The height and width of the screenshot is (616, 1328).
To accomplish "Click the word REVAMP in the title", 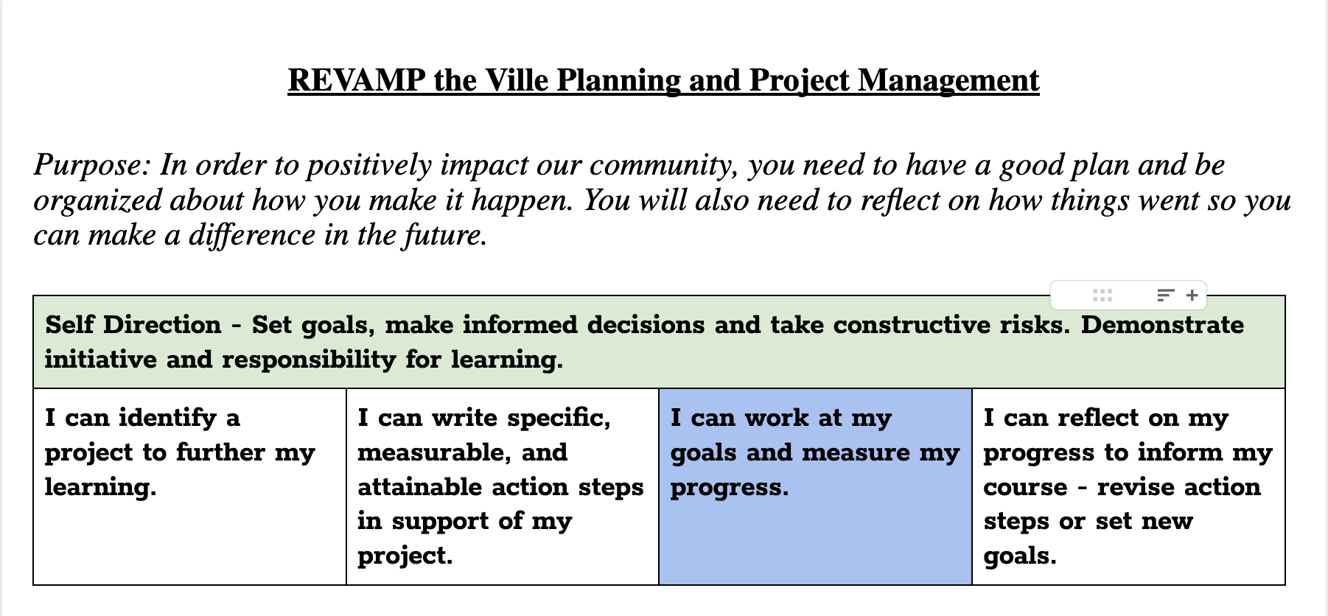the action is point(357,80).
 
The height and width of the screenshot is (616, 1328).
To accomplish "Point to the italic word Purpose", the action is point(92,166).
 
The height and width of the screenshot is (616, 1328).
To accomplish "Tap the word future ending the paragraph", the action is point(444,236).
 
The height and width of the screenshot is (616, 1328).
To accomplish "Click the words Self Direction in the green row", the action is point(133,325).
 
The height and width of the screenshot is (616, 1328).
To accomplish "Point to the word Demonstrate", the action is point(1162,325).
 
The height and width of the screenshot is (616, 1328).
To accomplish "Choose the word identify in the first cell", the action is point(167,418).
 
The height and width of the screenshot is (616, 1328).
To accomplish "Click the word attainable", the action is point(419,487).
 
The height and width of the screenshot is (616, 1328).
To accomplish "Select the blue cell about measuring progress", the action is point(815,486).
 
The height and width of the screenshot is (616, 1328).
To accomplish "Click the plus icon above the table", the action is point(1192,295).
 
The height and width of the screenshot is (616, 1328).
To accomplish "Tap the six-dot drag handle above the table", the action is point(1102,295).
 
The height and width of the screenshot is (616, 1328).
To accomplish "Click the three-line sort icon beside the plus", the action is point(1165,295).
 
